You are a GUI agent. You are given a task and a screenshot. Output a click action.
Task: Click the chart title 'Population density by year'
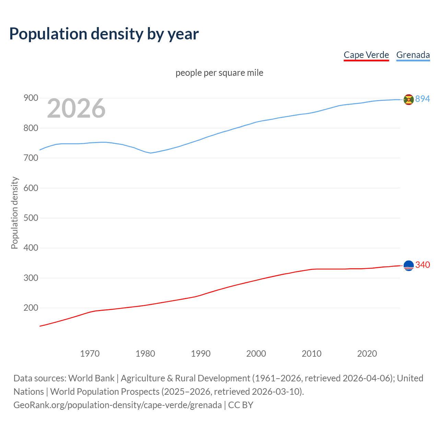[x=104, y=34]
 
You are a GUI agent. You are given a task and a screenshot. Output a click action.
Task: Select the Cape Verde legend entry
[x=366, y=55]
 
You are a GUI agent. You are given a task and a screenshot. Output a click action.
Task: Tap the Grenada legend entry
[x=413, y=55]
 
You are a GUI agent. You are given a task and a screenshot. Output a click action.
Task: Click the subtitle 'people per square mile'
[x=219, y=73]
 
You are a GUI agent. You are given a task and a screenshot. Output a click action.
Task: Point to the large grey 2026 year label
[x=76, y=108]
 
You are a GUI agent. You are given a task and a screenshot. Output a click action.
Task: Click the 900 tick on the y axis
[x=31, y=98]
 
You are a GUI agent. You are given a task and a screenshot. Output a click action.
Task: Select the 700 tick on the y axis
[x=31, y=158]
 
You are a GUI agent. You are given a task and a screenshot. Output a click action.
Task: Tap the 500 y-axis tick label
[x=31, y=218]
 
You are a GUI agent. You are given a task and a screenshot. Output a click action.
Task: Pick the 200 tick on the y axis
[x=31, y=308]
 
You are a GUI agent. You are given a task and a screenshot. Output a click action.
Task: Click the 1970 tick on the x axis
[x=90, y=354]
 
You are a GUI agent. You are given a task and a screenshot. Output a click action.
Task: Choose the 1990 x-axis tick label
[x=201, y=354]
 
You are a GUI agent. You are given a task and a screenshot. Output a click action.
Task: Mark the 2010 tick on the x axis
[x=311, y=354]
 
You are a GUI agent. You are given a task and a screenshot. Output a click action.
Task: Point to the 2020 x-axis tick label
[x=367, y=354]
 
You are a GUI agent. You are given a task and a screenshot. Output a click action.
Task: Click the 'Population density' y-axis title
[x=14, y=213]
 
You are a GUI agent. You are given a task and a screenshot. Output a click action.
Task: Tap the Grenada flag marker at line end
[x=408, y=99]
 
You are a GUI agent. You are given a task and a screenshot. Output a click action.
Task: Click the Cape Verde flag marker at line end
[x=408, y=265]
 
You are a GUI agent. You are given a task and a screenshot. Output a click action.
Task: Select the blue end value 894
[x=423, y=99]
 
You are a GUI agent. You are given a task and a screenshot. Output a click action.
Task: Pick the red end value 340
[x=423, y=265]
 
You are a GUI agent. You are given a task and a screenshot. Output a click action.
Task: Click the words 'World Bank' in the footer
[x=91, y=378]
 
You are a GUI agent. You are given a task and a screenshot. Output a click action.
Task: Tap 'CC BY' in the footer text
[x=241, y=405]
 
